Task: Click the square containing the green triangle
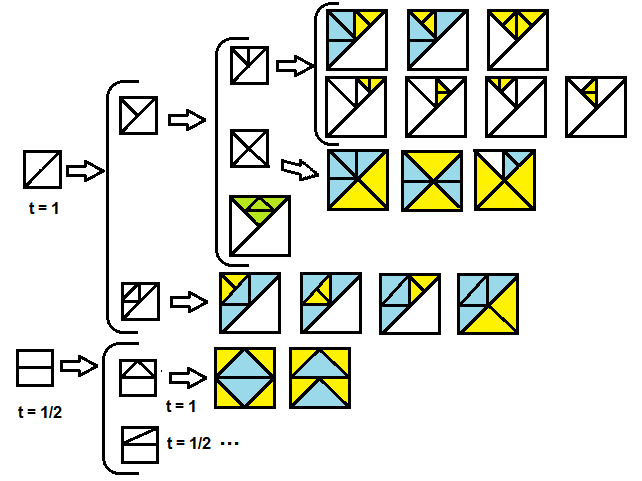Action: tap(260, 225)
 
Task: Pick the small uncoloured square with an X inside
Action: tap(248, 148)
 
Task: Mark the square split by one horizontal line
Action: tap(35, 367)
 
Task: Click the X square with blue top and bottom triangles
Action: tap(431, 181)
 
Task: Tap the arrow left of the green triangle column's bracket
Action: tap(186, 120)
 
